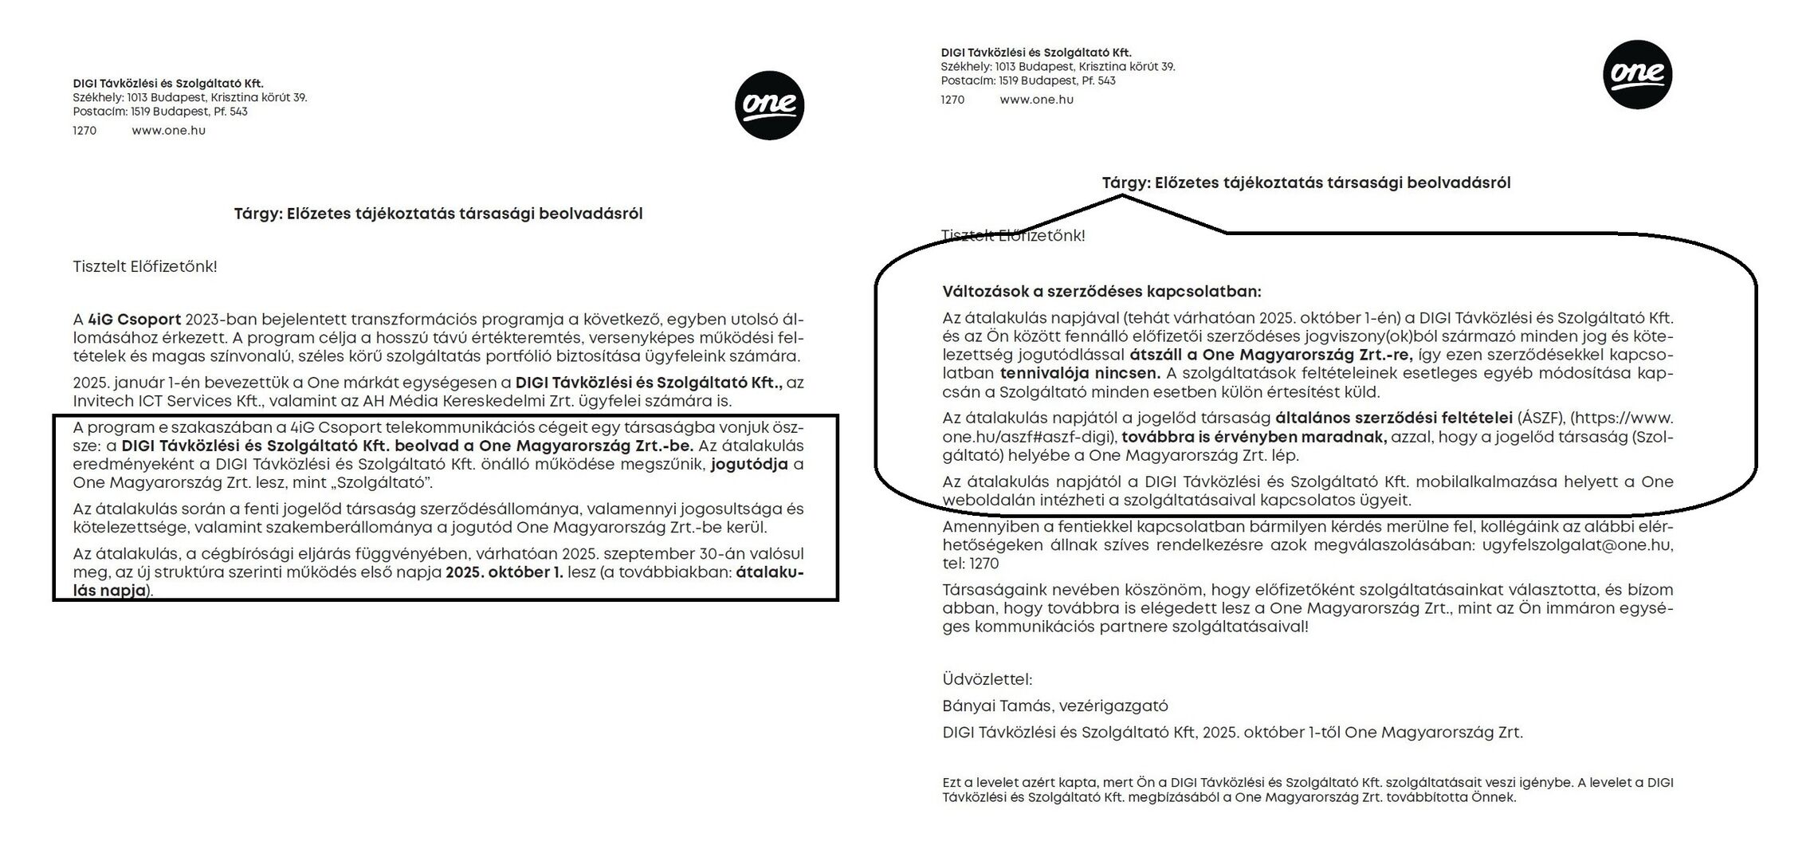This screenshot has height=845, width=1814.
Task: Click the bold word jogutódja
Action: click(x=749, y=464)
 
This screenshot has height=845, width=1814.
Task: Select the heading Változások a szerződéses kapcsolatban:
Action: click(x=1101, y=292)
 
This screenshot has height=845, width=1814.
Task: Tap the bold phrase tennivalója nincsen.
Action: click(x=1080, y=373)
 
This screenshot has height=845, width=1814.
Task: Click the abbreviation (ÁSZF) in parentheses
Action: click(x=1540, y=419)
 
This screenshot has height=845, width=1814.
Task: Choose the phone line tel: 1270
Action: click(x=970, y=564)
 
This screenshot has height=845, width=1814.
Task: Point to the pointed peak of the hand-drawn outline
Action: click(x=1122, y=196)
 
